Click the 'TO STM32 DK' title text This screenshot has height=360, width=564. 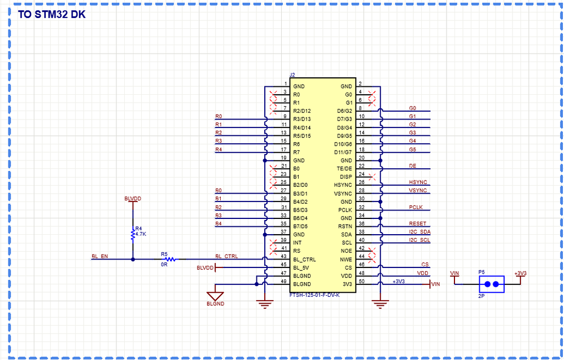pos(52,15)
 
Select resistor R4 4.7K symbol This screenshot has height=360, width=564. pos(133,234)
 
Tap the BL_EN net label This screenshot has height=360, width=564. pos(99,256)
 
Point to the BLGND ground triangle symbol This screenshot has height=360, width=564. pos(215,296)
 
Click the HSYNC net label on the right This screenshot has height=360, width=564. pos(418,182)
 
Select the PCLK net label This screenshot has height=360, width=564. pos(416,207)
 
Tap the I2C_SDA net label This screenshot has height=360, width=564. pos(419,232)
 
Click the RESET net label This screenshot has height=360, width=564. pos(418,223)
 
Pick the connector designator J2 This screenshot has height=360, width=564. pos(292,74)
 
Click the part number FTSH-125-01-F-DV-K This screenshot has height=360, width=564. pos(314,295)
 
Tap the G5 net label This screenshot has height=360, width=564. pos(412,149)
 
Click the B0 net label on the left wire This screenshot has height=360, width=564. pos(218,190)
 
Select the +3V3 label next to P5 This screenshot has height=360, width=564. pos(520,273)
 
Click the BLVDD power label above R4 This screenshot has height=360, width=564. pos(133,199)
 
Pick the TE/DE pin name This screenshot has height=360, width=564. pos(344,169)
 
